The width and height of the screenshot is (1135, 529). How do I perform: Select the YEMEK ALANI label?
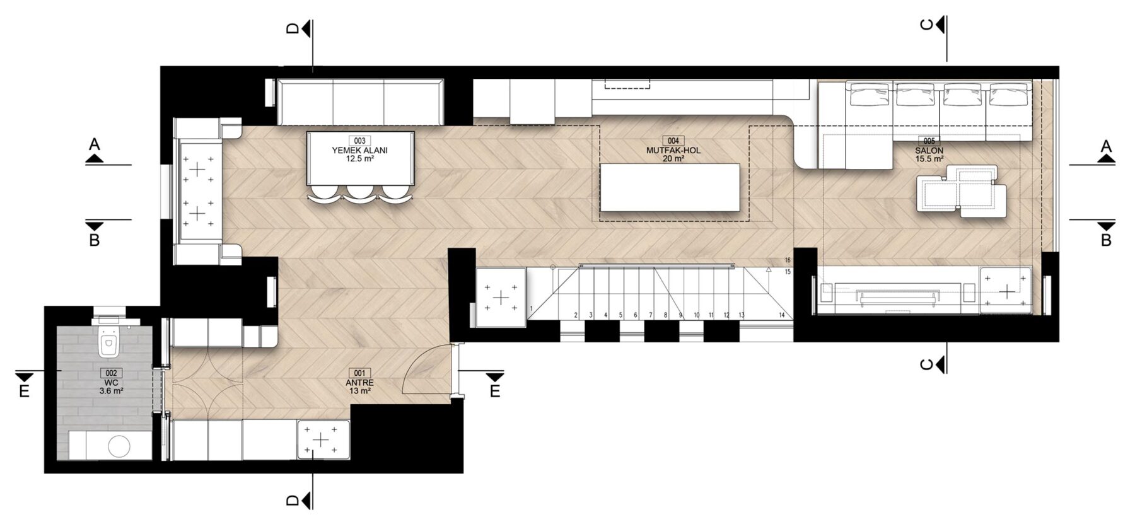pos(359,151)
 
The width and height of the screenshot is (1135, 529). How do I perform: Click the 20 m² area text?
pos(673,159)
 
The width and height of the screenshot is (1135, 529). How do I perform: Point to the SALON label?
pos(929,151)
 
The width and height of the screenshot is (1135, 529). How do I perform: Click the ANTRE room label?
pos(359,383)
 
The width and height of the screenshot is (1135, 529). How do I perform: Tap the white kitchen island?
pos(670,187)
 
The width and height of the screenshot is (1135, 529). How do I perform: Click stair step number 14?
pos(781,315)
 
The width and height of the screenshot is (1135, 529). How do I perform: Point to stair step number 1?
pos(532,308)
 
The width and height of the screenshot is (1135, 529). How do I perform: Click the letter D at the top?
pos(292,29)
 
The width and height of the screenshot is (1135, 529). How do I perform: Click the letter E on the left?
pos(24,392)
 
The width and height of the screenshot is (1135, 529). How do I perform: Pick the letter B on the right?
pos(1105,240)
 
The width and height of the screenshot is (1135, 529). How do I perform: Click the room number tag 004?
pos(673,141)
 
